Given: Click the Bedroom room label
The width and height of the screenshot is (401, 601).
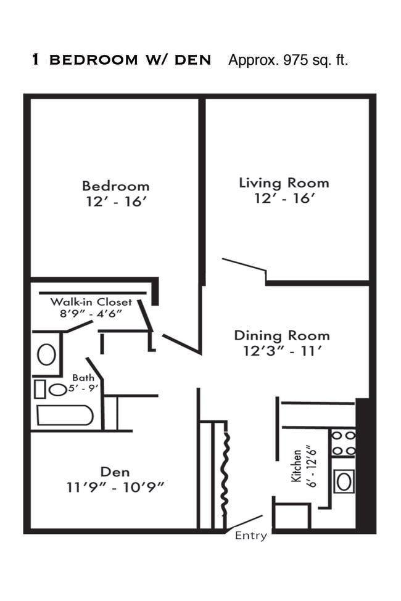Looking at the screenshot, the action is pyautogui.click(x=115, y=186).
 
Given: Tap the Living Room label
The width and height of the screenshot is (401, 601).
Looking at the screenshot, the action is pyautogui.click(x=284, y=183).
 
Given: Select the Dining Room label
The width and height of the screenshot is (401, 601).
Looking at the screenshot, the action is pyautogui.click(x=282, y=335).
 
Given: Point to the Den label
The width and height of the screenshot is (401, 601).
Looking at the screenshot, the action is pyautogui.click(x=115, y=472).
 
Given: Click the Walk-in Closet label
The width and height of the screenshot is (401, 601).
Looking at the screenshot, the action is pyautogui.click(x=91, y=302).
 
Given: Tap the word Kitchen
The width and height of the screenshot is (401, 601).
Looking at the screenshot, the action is pyautogui.click(x=296, y=466).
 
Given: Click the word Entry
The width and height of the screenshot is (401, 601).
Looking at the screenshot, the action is pyautogui.click(x=250, y=536).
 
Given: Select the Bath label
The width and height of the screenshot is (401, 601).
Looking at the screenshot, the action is pyautogui.click(x=83, y=378).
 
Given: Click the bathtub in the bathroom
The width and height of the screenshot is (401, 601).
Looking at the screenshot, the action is pyautogui.click(x=65, y=415).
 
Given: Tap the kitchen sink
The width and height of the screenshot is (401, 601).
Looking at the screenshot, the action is pyautogui.click(x=344, y=481).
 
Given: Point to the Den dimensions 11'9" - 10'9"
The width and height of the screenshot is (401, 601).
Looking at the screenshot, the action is pyautogui.click(x=115, y=488).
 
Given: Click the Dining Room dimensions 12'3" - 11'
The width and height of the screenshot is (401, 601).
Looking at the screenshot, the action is pyautogui.click(x=282, y=351).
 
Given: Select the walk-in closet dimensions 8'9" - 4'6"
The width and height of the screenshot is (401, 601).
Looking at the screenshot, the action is pyautogui.click(x=91, y=313).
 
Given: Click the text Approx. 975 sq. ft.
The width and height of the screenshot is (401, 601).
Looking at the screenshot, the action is pyautogui.click(x=288, y=60).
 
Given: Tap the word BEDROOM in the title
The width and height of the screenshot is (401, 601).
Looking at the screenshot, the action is pyautogui.click(x=94, y=60).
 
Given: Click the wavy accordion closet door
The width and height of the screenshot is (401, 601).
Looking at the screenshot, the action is pyautogui.click(x=226, y=475).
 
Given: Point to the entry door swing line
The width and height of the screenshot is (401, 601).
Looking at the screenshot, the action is pyautogui.click(x=243, y=523).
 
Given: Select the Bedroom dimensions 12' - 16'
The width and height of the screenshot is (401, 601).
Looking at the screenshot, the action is pyautogui.click(x=115, y=202).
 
